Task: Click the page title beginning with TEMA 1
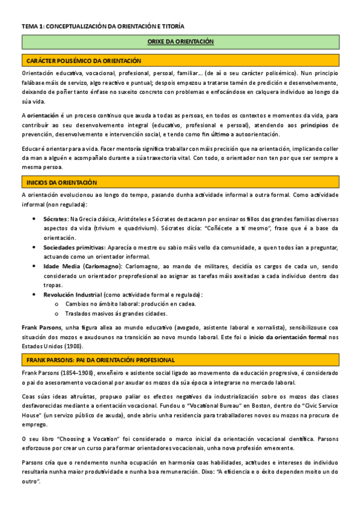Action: (103, 26)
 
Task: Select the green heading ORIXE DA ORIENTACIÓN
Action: (180, 42)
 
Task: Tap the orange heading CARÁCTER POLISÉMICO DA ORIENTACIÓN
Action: (84, 61)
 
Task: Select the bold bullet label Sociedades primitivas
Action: (73, 247)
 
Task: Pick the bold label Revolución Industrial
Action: (72, 294)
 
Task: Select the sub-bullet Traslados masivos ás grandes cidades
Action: (117, 313)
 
